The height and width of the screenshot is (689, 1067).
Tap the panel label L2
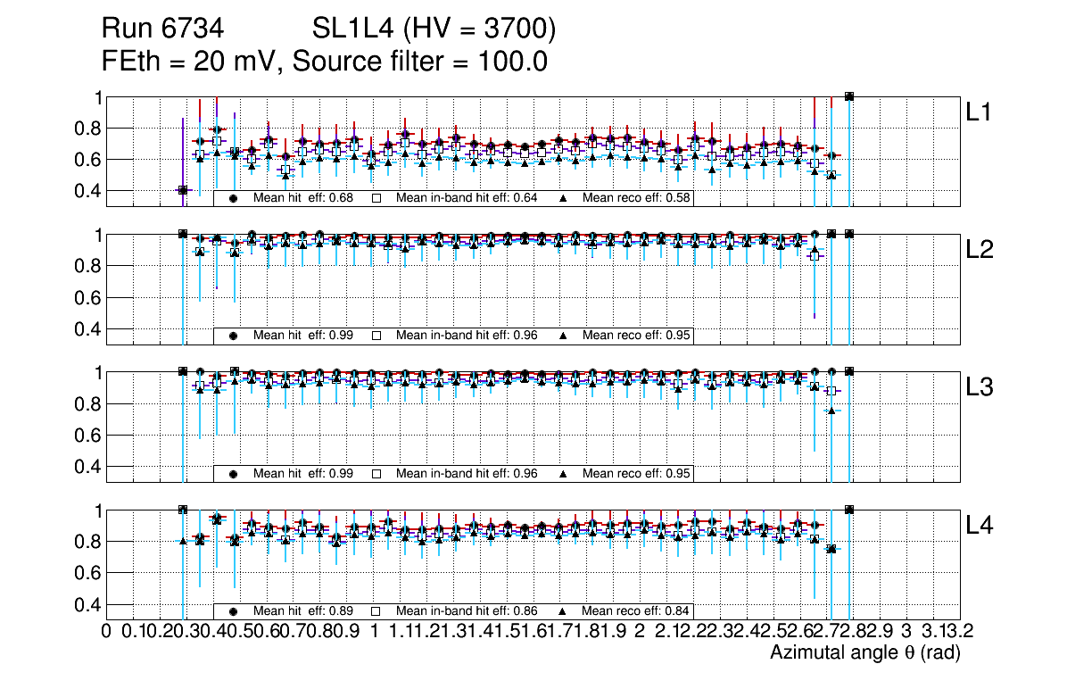click(x=980, y=250)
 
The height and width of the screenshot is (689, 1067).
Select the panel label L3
click(x=980, y=387)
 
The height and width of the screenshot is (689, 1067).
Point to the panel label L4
click(x=980, y=525)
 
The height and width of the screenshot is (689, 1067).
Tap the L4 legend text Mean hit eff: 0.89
click(x=303, y=611)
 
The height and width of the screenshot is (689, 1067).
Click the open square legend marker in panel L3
click(x=376, y=473)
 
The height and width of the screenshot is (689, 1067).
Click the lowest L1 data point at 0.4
click(x=183, y=190)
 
